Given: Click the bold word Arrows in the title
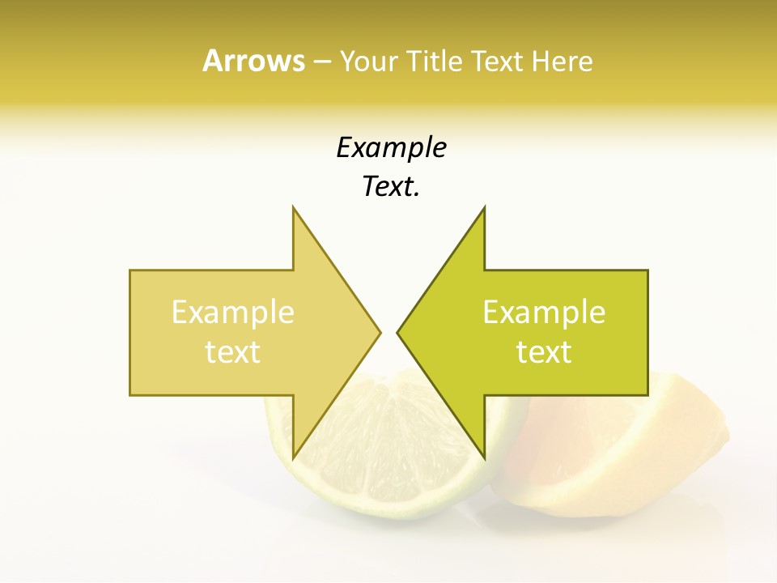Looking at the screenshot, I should point(253,61).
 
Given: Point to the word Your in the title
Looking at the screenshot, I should point(366,61).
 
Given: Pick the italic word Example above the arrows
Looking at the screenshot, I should point(391,147).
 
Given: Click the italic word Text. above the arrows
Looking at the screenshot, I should point(391,187).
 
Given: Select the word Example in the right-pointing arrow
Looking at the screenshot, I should point(233,313).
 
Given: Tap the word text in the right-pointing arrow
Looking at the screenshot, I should point(233,352).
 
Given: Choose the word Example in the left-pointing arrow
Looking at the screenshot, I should point(544,313).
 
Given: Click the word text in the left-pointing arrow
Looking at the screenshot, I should point(544,352).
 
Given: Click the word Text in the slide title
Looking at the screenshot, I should point(499,61).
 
